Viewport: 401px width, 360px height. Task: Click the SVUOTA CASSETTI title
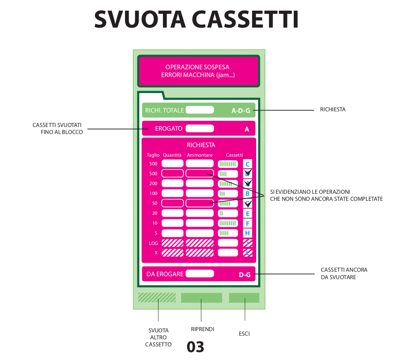(196, 19)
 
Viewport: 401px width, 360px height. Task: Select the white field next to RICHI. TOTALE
(200, 110)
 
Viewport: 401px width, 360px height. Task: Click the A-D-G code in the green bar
(241, 111)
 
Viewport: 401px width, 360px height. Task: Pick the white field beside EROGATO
(200, 128)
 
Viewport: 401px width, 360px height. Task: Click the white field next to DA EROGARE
(200, 273)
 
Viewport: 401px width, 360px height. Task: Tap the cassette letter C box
(248, 164)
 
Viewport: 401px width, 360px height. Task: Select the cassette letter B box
(248, 193)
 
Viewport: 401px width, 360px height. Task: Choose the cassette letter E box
(248, 213)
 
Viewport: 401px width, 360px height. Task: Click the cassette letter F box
(248, 224)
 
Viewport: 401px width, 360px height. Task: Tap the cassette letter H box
(248, 233)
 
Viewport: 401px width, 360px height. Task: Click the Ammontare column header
(200, 155)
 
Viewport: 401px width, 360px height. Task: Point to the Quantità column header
(172, 155)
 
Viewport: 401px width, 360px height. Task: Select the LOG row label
(153, 243)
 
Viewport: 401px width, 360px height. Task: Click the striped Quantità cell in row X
(172, 253)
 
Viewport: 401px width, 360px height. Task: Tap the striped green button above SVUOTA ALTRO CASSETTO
(157, 298)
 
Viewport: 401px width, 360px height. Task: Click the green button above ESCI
(244, 298)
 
